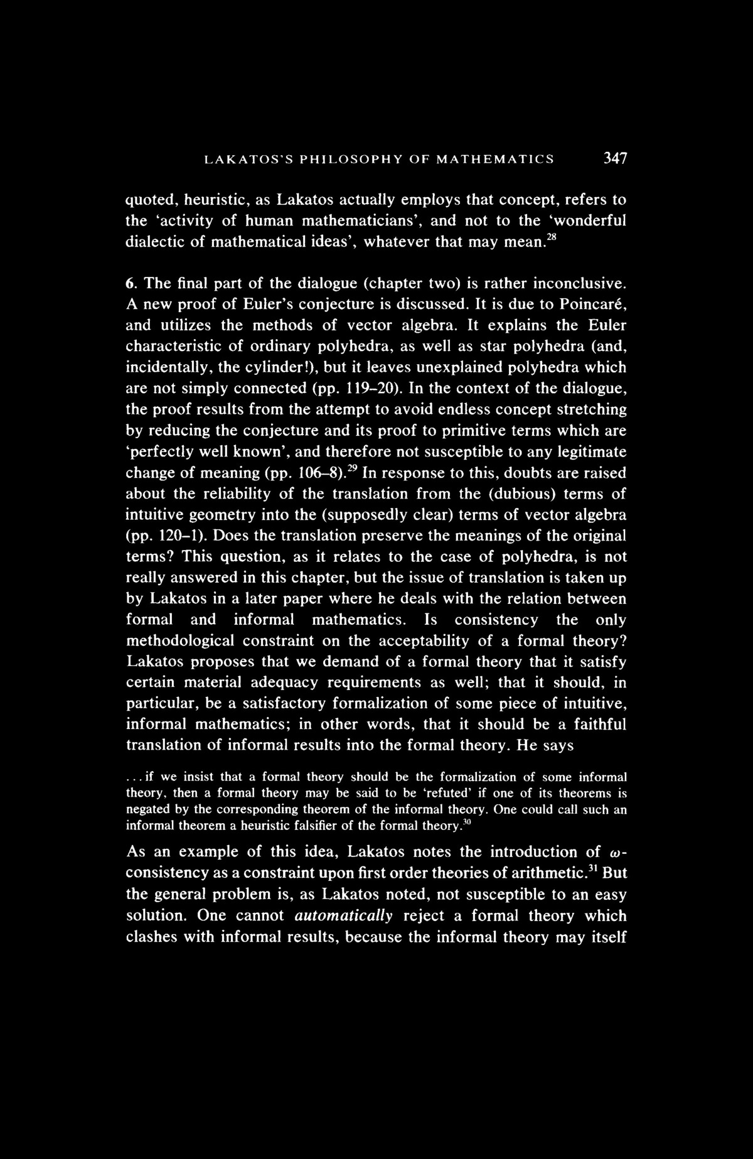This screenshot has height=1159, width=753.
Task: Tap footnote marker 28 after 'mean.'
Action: pyautogui.click(x=550, y=235)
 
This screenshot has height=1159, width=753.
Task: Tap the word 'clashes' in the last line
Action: pyautogui.click(x=155, y=937)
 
